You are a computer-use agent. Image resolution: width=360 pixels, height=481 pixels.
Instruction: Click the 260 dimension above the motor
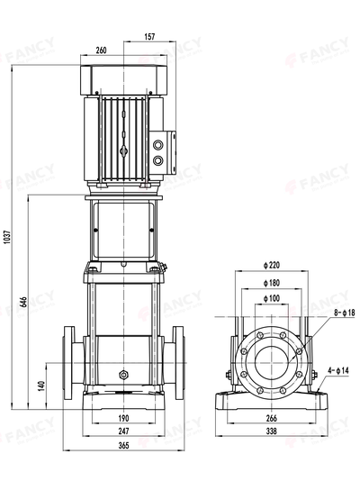click(101, 50)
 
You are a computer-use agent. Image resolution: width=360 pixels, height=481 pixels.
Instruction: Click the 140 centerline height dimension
click(40, 385)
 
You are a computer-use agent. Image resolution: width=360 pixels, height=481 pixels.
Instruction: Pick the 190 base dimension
click(123, 419)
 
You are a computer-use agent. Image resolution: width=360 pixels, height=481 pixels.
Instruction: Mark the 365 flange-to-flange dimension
click(123, 446)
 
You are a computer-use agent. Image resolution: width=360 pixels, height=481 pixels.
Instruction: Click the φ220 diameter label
click(274, 265)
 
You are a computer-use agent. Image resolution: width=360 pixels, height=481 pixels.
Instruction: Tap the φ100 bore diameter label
click(274, 297)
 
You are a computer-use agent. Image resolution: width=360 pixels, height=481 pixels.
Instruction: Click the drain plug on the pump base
click(123, 371)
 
